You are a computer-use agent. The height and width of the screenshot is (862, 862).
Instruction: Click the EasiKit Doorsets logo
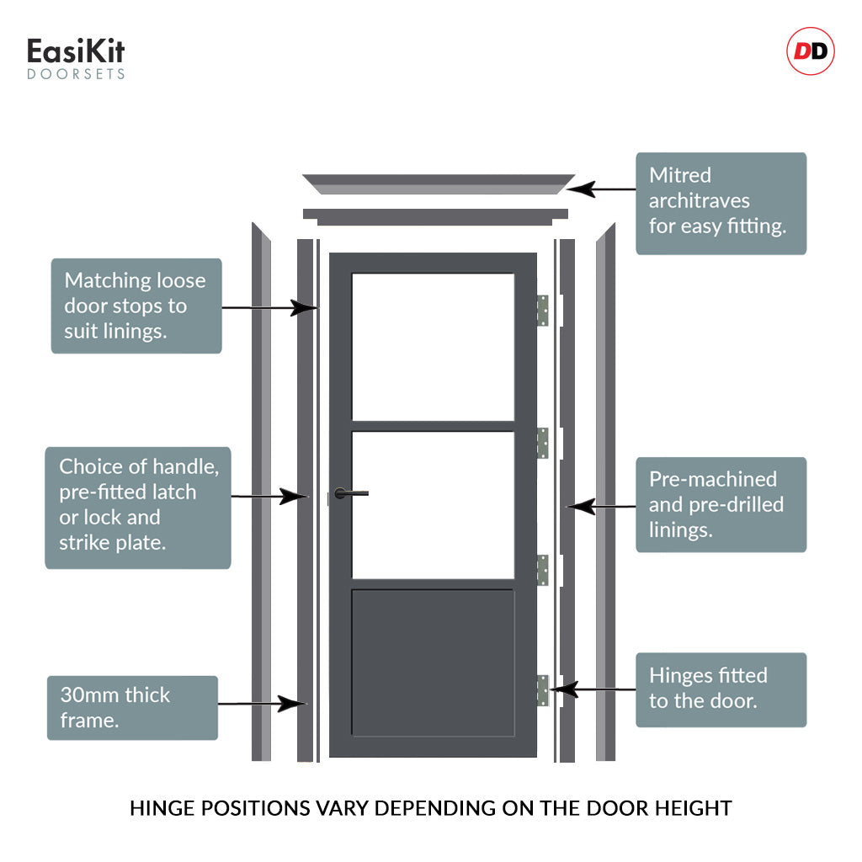coord(76,58)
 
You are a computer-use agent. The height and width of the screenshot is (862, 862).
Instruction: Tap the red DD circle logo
coord(810,52)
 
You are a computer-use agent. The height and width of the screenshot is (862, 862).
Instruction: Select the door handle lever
coord(352,493)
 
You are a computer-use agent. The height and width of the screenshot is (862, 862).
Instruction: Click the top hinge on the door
coord(543,310)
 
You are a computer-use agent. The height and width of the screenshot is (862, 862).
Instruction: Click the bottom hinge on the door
coord(543,690)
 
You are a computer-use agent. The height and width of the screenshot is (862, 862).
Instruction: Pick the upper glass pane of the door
coord(433,346)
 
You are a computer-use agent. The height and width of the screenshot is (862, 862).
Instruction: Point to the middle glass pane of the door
coord(433,504)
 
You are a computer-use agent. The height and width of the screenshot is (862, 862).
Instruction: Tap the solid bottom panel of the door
coord(433,662)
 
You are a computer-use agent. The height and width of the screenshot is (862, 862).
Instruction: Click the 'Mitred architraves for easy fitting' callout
coord(721,203)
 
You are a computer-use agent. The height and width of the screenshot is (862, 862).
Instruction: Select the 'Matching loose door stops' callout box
coord(136,306)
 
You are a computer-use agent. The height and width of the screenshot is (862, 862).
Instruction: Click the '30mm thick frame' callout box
coord(132,707)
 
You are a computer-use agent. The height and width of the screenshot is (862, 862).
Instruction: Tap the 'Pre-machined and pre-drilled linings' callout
coord(721,504)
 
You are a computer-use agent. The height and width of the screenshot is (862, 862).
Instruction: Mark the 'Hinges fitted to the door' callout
coord(721,689)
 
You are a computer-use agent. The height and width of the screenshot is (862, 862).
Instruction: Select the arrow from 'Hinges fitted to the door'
coord(593,689)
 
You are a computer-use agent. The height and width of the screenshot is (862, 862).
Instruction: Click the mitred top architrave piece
coord(438,184)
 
